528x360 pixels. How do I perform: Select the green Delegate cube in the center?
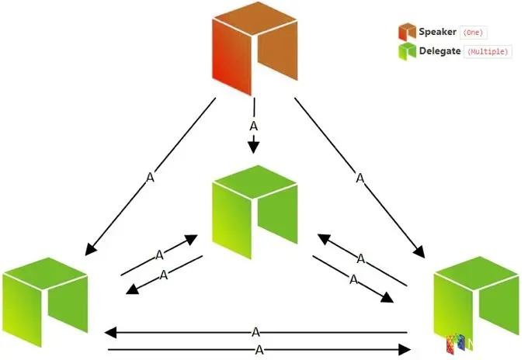click(254, 211)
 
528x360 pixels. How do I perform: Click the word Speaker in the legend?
click(438, 32)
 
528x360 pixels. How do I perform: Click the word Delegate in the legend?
click(440, 51)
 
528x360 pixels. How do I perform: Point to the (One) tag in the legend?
click(474, 33)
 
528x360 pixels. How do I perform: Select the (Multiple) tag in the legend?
click(487, 52)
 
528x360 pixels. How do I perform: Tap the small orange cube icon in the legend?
click(407, 32)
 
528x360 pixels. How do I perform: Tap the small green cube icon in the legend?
click(407, 51)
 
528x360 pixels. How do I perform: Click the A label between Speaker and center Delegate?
click(252, 126)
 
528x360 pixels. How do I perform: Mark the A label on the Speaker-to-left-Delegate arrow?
click(150, 178)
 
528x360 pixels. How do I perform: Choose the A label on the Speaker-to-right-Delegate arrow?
click(360, 178)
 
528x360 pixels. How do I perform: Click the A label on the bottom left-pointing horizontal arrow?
click(256, 332)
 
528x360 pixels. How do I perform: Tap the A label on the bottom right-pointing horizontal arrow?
click(259, 350)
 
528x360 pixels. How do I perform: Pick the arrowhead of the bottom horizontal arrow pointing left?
click(110, 333)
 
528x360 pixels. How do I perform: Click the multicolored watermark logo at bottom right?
click(459, 345)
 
